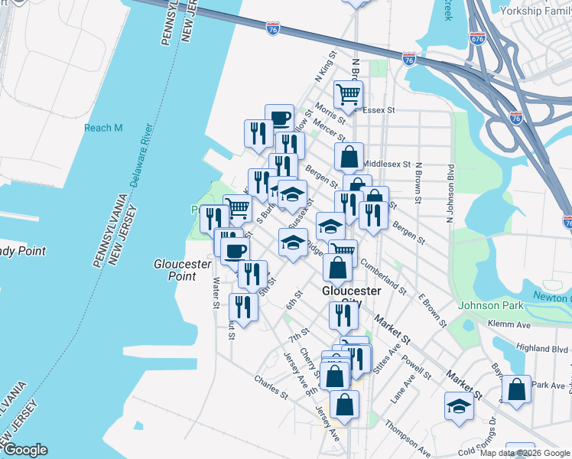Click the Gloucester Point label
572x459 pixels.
tap(182, 269)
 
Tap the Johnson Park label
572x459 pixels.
tap(489, 306)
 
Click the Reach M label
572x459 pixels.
tap(103, 128)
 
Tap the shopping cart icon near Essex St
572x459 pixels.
tap(349, 96)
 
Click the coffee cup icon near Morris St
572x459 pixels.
tap(280, 118)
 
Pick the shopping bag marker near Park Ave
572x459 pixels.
tap(517, 389)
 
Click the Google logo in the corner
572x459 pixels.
tap(24, 450)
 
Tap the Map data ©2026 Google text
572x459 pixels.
tap(525, 453)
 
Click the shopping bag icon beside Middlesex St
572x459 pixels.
tap(349, 157)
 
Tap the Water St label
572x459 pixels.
tap(216, 293)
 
